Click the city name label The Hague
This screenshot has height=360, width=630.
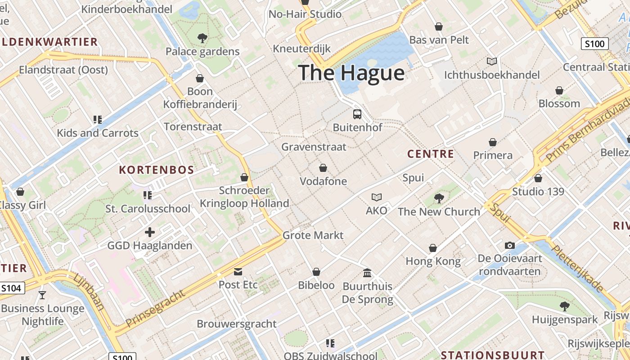[x=351, y=73]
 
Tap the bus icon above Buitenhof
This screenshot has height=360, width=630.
[x=357, y=114]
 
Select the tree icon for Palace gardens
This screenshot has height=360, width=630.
[x=202, y=38]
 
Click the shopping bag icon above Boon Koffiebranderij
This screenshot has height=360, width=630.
[x=200, y=78]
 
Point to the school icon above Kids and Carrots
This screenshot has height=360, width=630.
[x=98, y=119]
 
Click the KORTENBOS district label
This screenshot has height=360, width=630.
[x=156, y=170]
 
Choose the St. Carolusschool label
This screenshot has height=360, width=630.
[x=148, y=209]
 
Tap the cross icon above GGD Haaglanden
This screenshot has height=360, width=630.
[x=150, y=232]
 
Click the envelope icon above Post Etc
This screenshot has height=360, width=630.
[x=238, y=271]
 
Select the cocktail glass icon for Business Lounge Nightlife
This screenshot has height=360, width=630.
[x=42, y=295]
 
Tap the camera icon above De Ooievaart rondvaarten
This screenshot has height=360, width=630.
[x=509, y=245]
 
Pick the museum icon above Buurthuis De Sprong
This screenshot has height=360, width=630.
[x=367, y=273]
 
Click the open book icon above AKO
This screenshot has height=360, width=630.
[x=376, y=197]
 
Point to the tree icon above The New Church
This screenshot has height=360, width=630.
[x=439, y=198]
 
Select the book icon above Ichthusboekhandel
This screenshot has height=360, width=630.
[x=492, y=61]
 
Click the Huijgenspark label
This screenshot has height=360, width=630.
[x=565, y=319]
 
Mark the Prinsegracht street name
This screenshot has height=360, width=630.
[x=155, y=309]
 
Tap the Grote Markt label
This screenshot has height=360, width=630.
[x=313, y=235]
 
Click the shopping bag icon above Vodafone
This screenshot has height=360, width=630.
[x=323, y=168]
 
